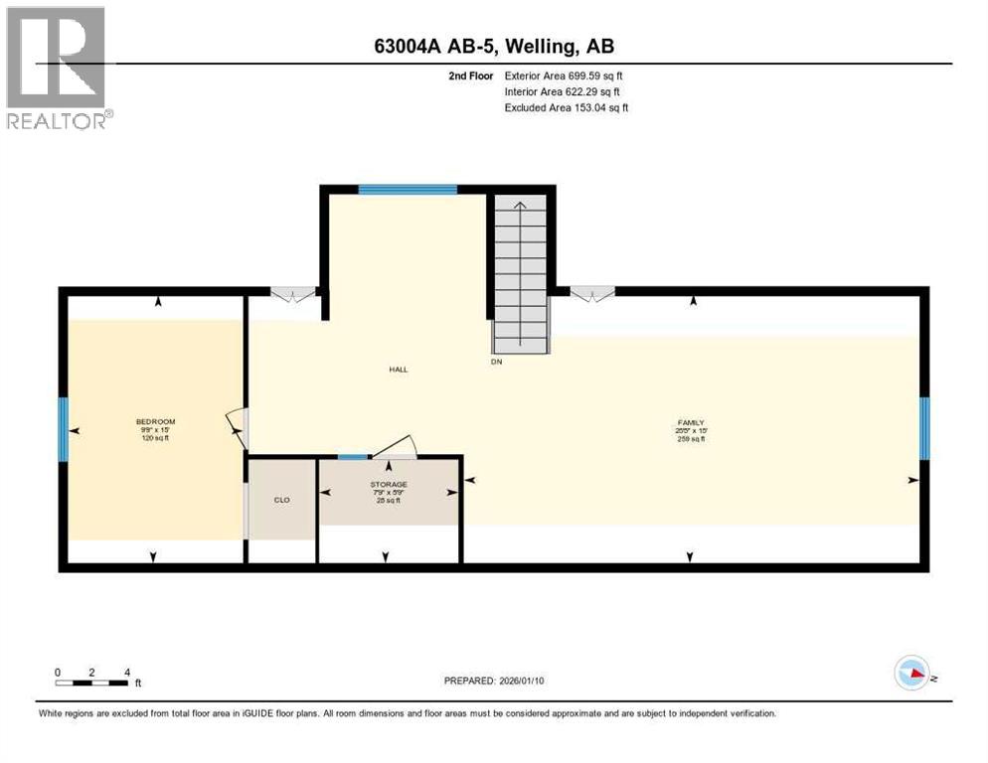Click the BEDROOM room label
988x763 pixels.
point(155,422)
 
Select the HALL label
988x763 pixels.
point(398,370)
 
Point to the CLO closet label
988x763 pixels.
point(281,500)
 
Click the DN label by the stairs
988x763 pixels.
point(497,363)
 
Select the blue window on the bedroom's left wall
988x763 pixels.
point(63,428)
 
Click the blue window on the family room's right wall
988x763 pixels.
point(923,428)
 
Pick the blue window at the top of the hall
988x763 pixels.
point(408,189)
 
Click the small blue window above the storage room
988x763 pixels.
point(352,457)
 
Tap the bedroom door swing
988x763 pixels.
point(237,428)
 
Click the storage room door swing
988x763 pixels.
point(395,446)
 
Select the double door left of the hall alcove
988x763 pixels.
point(293,293)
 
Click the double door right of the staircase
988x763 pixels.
point(591,293)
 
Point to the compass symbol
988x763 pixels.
point(912,674)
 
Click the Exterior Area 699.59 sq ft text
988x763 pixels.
point(564,76)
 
